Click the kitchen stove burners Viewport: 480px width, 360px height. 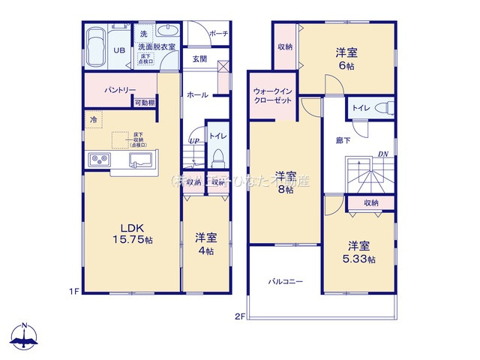point(99,160)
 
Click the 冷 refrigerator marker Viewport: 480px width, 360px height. point(94,119)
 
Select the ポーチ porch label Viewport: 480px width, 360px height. point(218,34)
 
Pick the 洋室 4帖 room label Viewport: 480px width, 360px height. point(205,244)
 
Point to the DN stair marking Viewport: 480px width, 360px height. point(382,154)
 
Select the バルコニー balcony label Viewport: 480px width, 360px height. point(286,282)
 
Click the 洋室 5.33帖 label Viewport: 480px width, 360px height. point(358,251)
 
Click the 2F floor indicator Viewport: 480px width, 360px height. point(239,316)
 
